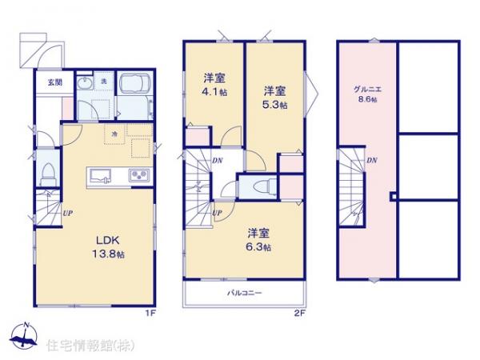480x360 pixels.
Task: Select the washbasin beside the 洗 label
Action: pyautogui.click(x=86, y=85)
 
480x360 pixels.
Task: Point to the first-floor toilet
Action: pyautogui.click(x=47, y=172)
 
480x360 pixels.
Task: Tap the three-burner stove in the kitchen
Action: pyautogui.click(x=139, y=176)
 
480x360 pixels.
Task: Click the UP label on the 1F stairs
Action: pyautogui.click(x=67, y=214)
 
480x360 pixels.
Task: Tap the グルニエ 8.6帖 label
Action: pyautogui.click(x=367, y=94)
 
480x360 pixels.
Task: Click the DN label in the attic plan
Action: pyautogui.click(x=372, y=161)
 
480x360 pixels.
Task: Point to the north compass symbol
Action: pyautogui.click(x=26, y=337)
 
